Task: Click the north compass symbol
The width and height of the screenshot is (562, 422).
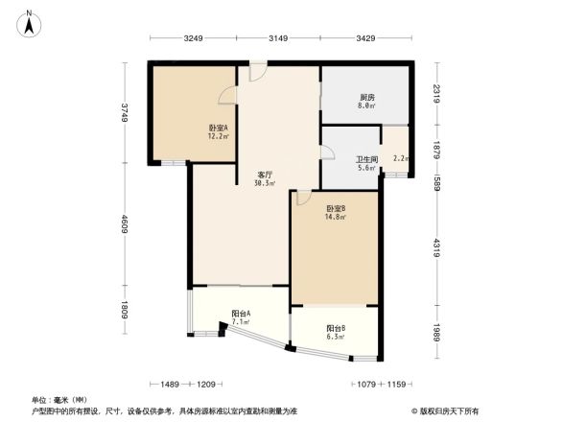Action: tap(31, 21)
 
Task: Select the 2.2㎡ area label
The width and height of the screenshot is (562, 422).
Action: tap(400, 158)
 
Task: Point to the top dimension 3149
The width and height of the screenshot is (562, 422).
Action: tap(278, 38)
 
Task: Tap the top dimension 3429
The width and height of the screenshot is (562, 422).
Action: tap(365, 38)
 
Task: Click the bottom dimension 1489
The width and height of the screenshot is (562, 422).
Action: tap(171, 384)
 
